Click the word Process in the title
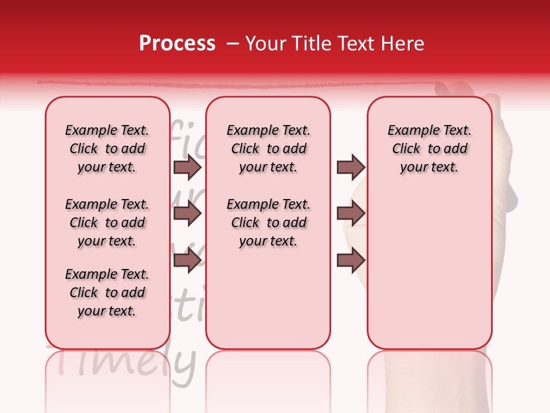pos(177,44)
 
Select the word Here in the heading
pos(402,44)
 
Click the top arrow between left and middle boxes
pos(187,167)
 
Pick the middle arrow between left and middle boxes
pos(187,214)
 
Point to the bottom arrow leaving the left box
pos(187,260)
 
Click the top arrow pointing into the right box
pos(351,167)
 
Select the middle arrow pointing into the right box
pos(351,214)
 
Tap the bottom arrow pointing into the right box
pos(351,260)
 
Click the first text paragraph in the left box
pos(107,149)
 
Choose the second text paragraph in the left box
pos(107,223)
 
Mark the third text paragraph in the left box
pos(107,293)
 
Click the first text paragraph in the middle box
pos(268,149)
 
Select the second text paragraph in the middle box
pos(268,223)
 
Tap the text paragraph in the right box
pos(429,149)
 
